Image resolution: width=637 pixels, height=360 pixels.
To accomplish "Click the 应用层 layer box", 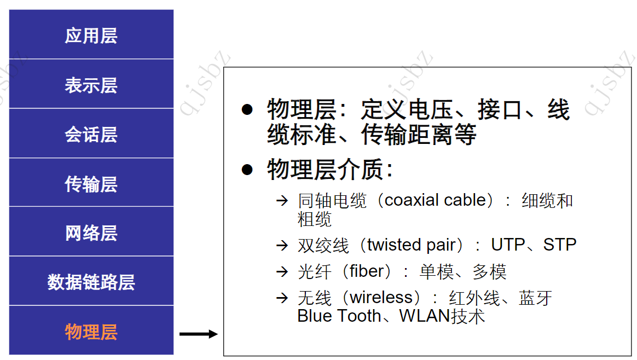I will tap(91, 36).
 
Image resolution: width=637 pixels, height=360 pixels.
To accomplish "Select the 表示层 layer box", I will tap(91, 85).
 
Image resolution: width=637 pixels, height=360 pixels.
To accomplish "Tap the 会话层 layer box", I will tap(91, 135).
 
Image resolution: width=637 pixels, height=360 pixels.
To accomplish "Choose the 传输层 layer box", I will tap(91, 184).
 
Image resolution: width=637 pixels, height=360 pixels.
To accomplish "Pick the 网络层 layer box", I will tap(91, 233).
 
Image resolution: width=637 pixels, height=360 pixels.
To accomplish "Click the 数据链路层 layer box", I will tap(91, 282).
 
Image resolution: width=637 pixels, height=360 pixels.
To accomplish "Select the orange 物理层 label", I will tap(91, 332).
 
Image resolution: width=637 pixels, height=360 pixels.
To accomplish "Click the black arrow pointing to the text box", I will tap(198, 334).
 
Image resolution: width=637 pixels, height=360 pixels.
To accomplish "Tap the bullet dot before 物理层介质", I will tap(247, 170).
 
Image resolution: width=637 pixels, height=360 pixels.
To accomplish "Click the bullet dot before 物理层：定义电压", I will tap(247, 109).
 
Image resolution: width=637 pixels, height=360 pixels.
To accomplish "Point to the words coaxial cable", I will tap(435, 200).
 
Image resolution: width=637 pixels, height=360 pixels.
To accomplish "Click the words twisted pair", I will tap(412, 245).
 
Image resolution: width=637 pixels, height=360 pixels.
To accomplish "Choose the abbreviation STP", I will tap(559, 245).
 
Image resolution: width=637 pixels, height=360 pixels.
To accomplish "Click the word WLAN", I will tap(424, 316).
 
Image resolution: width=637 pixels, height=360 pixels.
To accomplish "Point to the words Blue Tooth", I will tap(339, 316).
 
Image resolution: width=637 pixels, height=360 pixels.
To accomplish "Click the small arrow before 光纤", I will tap(282, 271).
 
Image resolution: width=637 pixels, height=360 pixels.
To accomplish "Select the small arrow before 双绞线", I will tap(282, 245).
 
